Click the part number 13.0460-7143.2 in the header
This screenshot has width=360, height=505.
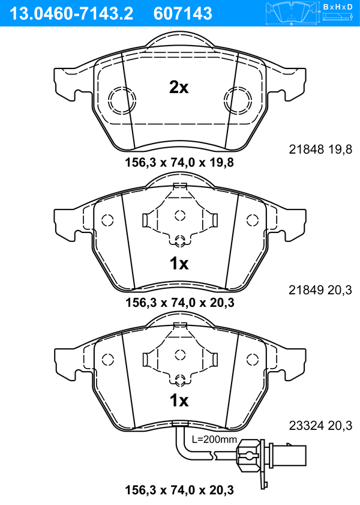click(x=71, y=14)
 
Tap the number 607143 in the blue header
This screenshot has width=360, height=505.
click(x=183, y=14)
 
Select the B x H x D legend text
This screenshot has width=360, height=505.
click(x=338, y=7)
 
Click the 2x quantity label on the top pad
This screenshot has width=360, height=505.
click(x=179, y=87)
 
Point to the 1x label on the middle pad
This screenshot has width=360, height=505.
click(x=179, y=264)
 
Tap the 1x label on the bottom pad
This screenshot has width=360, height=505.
click(x=179, y=401)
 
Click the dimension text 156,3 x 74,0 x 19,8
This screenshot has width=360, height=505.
click(x=179, y=162)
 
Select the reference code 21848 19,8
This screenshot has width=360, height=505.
click(x=320, y=149)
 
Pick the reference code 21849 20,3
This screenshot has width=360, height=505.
click(x=320, y=290)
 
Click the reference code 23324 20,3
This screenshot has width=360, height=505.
click(x=320, y=426)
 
